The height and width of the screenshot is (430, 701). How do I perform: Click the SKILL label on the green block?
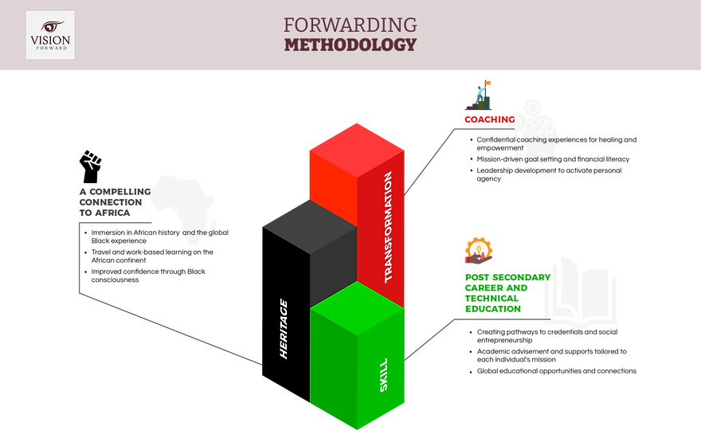click(x=384, y=376)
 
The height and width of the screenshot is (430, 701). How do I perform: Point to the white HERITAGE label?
click(x=284, y=328)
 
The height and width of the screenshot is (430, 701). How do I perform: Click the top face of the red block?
click(x=357, y=147)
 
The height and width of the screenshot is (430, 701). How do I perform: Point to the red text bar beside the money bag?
click(x=486, y=119)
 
